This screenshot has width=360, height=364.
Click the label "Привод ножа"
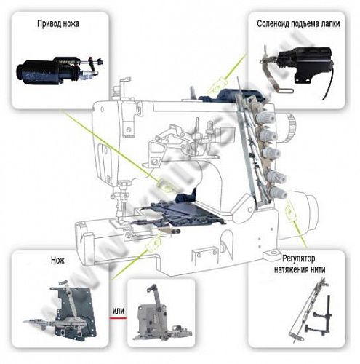click(58, 24)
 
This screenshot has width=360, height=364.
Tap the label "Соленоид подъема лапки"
click(298, 24)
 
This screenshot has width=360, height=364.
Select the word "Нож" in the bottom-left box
click(57, 260)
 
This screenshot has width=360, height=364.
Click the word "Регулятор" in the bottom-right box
click(299, 259)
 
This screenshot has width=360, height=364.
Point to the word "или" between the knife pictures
click(119, 311)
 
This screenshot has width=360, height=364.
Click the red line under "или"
click(118, 318)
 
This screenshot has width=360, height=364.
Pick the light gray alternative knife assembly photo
click(162, 313)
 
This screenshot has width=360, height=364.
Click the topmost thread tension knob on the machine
click(265, 117)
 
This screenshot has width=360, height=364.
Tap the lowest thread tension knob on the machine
click(276, 193)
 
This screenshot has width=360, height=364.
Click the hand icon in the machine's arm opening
click(165, 185)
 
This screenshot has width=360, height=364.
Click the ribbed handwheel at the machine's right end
click(290, 124)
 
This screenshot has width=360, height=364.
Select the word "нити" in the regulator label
click(317, 269)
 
